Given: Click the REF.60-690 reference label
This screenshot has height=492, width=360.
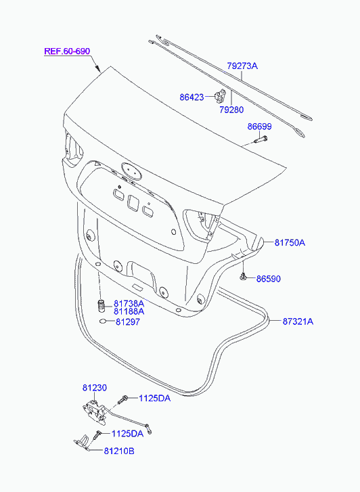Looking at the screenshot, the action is point(67,51).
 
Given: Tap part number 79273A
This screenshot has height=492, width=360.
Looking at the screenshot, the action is point(242,66).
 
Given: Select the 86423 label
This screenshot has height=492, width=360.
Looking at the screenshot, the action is point(192,97).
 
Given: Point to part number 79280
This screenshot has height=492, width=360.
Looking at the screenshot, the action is point(231,110).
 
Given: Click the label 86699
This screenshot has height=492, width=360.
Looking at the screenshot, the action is point(259,127).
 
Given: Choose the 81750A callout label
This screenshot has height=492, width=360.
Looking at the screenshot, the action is point(290,242).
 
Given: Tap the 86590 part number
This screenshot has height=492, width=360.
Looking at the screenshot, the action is point(269,279).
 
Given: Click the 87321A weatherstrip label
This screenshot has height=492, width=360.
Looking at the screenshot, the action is point(298,321).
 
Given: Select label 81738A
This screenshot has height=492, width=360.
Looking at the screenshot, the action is point(129,303).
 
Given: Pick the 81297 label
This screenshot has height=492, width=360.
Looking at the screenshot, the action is point(128,321).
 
